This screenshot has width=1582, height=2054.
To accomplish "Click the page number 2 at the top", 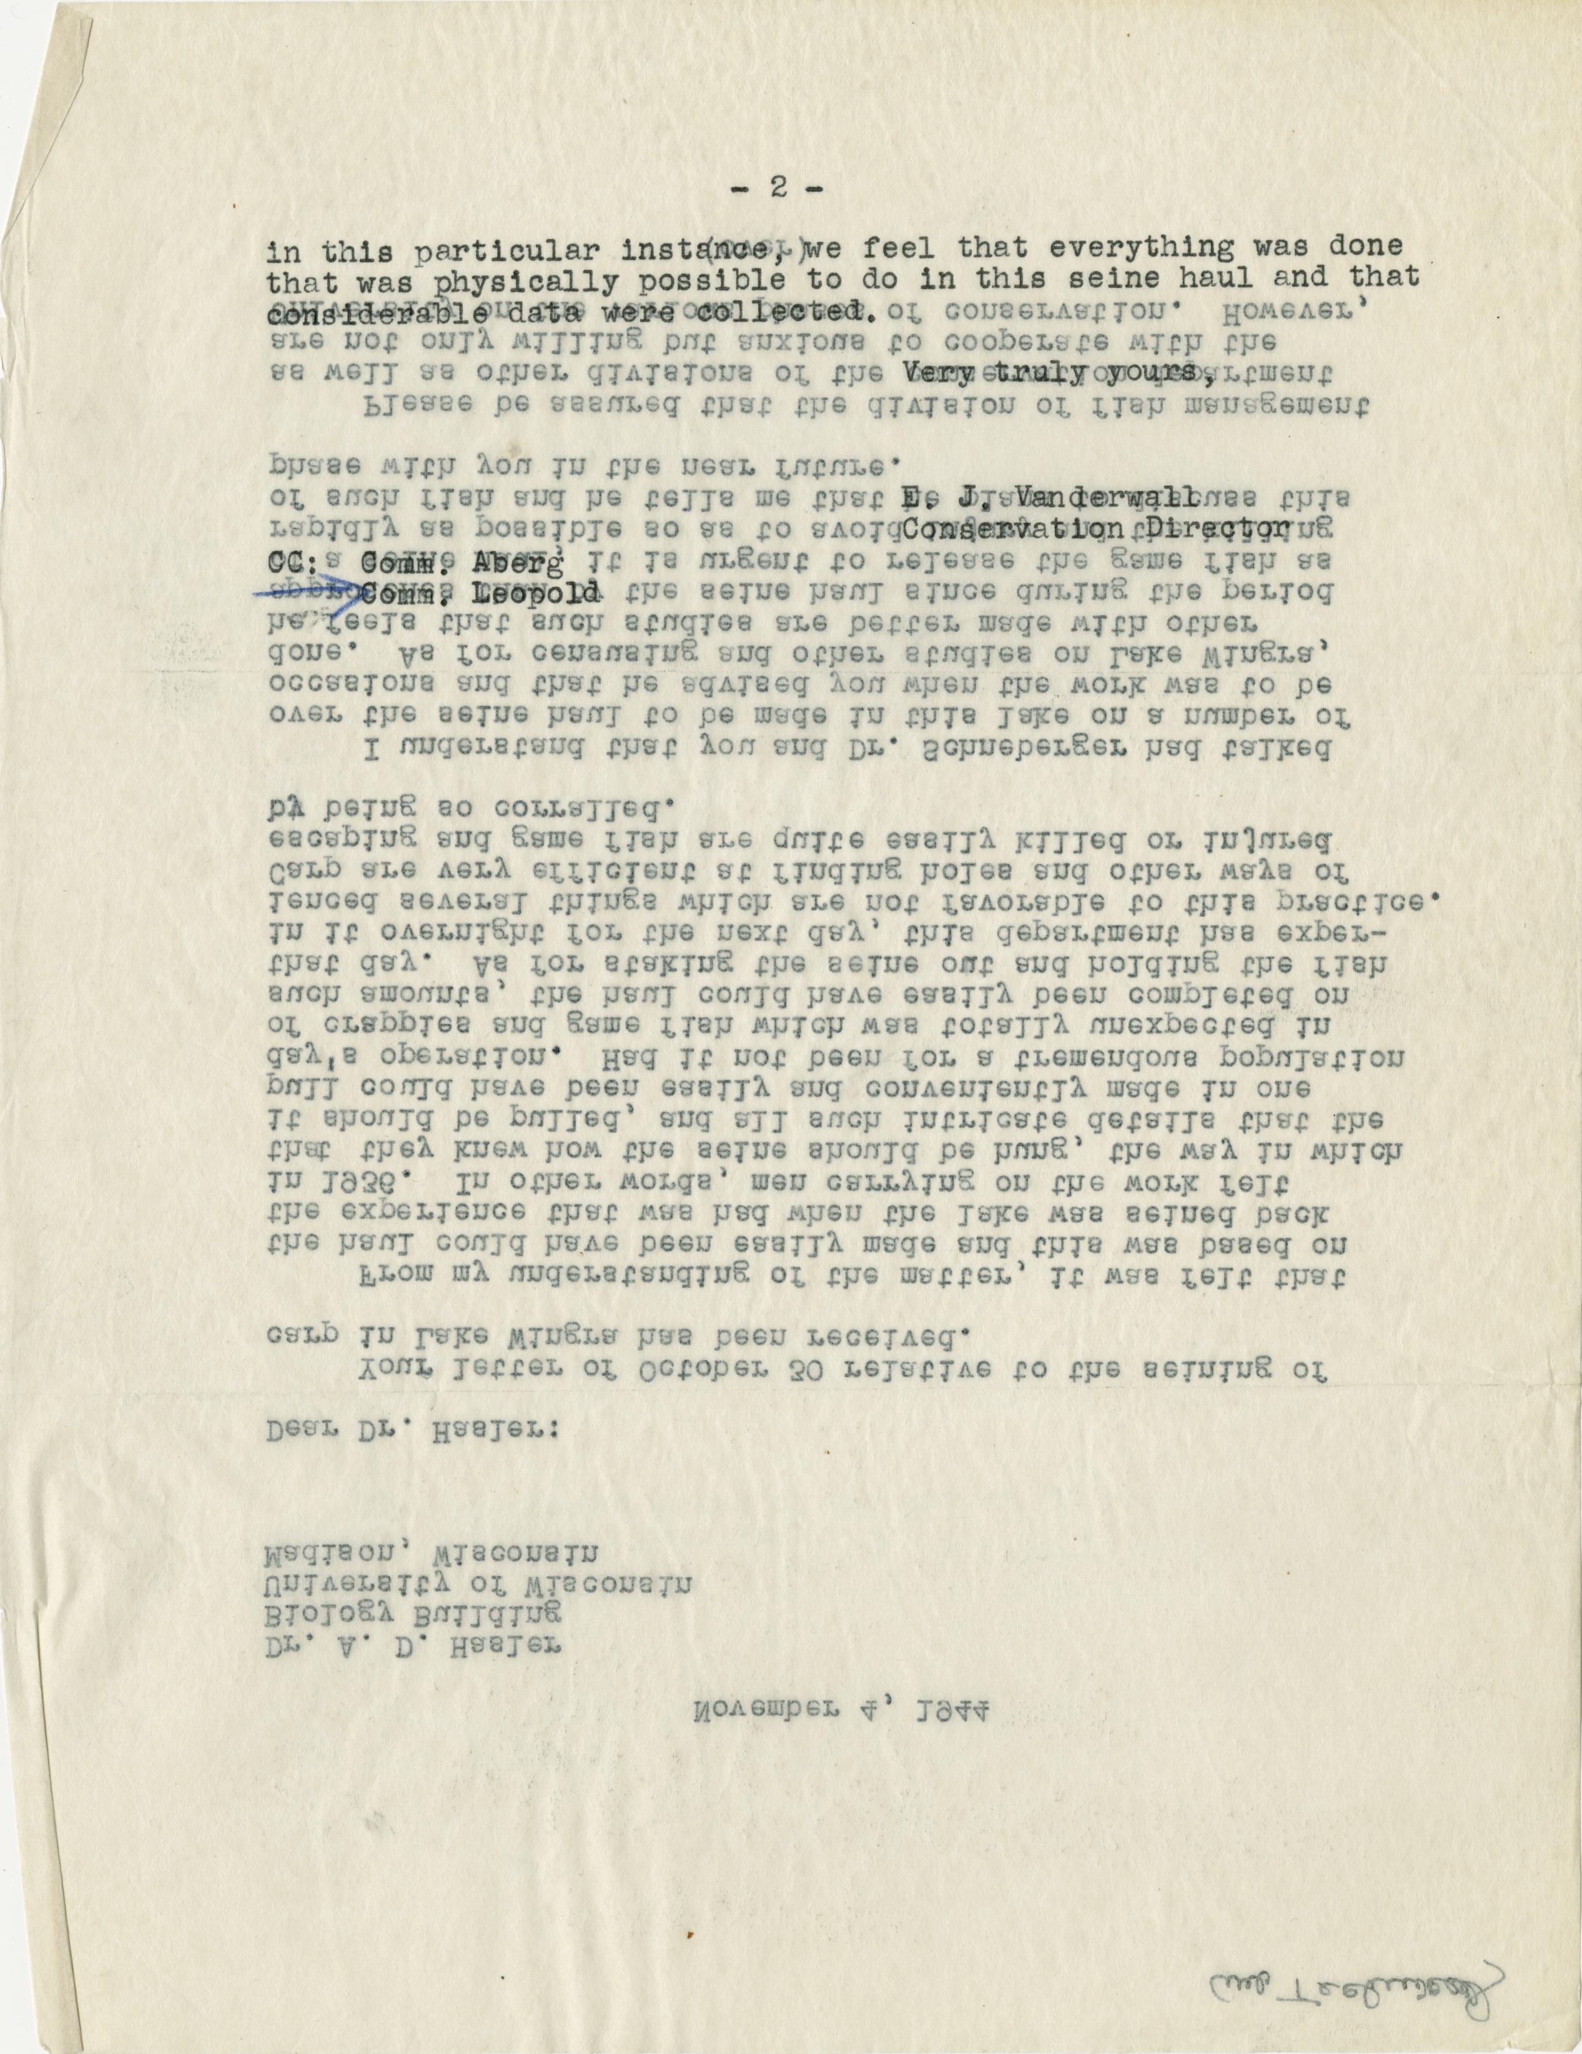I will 777,187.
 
